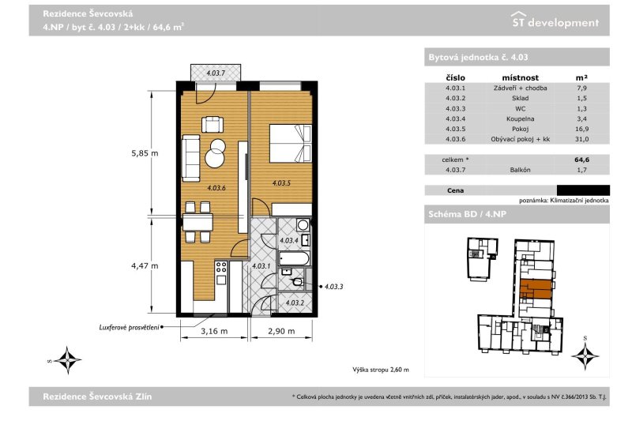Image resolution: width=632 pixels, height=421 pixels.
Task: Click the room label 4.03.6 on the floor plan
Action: [x=216, y=188]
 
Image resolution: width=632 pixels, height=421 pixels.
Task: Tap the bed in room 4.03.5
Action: [x=290, y=144]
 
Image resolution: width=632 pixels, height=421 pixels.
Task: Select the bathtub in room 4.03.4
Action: [x=294, y=258]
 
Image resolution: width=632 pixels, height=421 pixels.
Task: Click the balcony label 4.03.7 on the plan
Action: [x=216, y=73]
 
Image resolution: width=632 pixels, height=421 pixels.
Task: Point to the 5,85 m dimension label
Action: [x=145, y=153]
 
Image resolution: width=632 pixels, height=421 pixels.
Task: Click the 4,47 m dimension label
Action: [x=145, y=266]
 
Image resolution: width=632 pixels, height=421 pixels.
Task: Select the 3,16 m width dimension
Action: [x=214, y=331]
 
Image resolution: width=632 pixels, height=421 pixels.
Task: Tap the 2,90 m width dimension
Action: [x=281, y=331]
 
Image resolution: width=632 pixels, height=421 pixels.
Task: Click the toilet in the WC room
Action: [x=298, y=282]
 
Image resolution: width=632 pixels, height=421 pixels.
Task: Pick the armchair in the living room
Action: [x=212, y=124]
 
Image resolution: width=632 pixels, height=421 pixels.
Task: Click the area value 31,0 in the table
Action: [x=581, y=139]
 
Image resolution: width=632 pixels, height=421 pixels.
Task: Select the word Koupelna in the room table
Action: [x=520, y=118]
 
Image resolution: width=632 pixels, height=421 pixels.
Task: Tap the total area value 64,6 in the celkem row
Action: [x=581, y=160]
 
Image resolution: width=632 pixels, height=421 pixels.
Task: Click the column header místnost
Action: [x=520, y=77]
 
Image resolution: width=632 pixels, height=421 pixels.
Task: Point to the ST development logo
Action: [x=555, y=21]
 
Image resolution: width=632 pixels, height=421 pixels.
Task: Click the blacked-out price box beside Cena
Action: [x=583, y=190]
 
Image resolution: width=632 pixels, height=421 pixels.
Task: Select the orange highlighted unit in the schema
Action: [x=536, y=289]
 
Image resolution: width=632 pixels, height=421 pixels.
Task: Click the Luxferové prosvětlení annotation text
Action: [x=129, y=328]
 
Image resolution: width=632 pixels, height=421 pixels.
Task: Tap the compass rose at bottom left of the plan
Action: [x=67, y=359]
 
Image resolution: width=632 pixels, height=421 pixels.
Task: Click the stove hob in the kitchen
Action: [x=221, y=267]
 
